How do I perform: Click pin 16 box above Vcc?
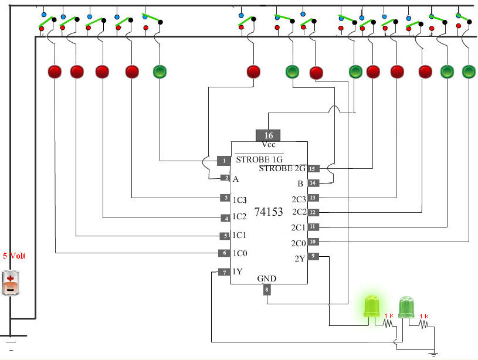coord(268,135)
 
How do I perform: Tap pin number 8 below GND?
coord(267,290)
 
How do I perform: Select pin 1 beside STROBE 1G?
coord(224,161)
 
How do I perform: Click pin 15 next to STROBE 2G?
coord(313,169)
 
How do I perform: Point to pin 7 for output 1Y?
coord(225,272)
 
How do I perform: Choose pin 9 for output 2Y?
coord(313,256)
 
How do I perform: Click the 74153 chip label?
coord(269,212)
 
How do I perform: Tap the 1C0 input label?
coord(240,253)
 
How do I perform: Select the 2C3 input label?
coord(299,199)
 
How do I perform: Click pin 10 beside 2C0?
coord(313,242)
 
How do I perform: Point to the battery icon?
coord(11,283)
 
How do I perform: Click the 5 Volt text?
coord(14,256)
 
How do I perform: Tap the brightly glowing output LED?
coord(372,306)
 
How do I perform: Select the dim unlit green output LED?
coord(406,307)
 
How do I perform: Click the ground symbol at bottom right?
coord(433,354)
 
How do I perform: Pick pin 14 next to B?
coord(313,183)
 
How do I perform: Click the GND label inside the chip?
coord(267,279)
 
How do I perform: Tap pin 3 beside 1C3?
coord(226,198)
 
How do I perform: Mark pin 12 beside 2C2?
coord(313,212)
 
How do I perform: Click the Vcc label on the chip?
coord(269,144)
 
